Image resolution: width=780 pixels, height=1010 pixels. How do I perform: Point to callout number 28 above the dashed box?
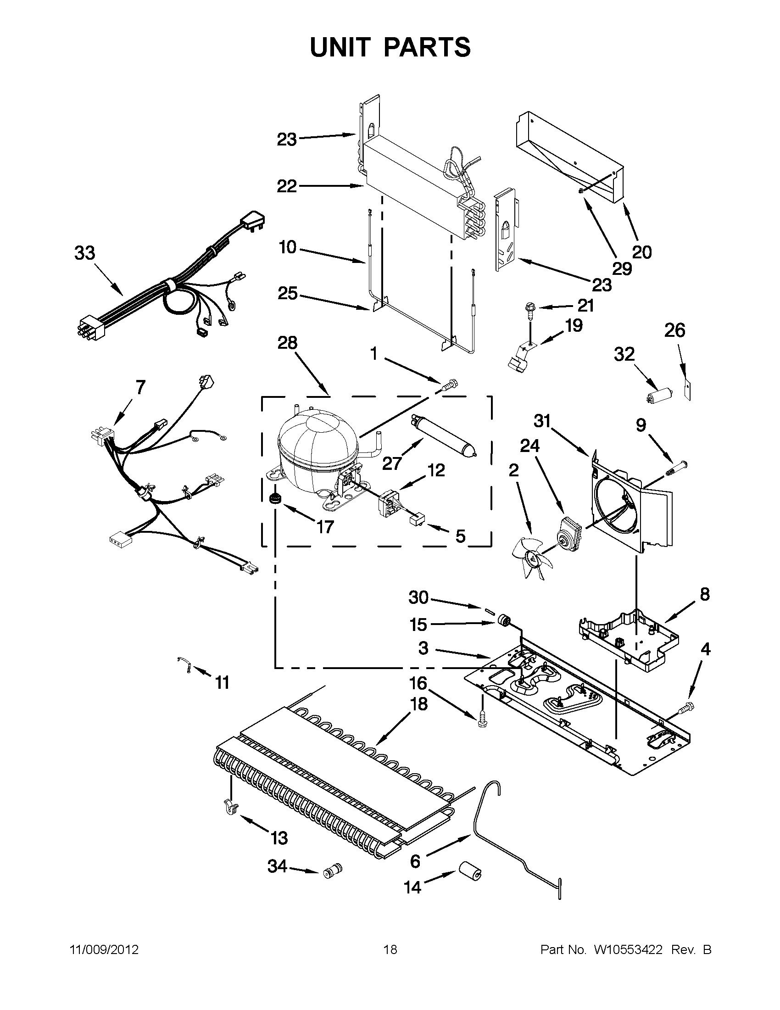point(287,343)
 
